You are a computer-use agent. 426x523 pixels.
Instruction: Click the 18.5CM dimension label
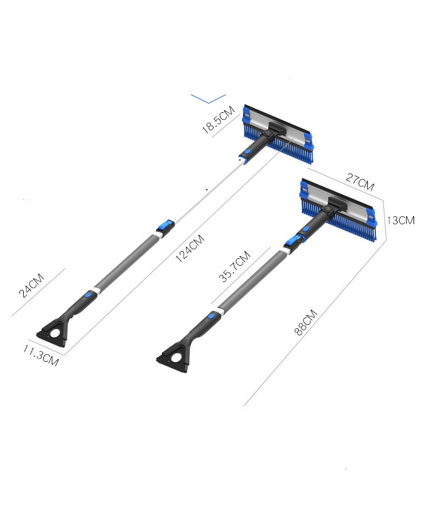218,120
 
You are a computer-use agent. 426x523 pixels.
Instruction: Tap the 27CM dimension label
360,182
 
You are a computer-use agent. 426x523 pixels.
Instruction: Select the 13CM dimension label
401,220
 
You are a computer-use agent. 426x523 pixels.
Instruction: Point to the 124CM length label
190,248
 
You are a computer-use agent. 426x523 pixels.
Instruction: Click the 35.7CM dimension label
235,266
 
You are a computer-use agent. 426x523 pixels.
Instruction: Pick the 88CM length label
306,322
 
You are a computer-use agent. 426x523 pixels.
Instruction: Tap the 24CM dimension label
31,285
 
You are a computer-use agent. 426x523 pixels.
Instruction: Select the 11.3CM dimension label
41,355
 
